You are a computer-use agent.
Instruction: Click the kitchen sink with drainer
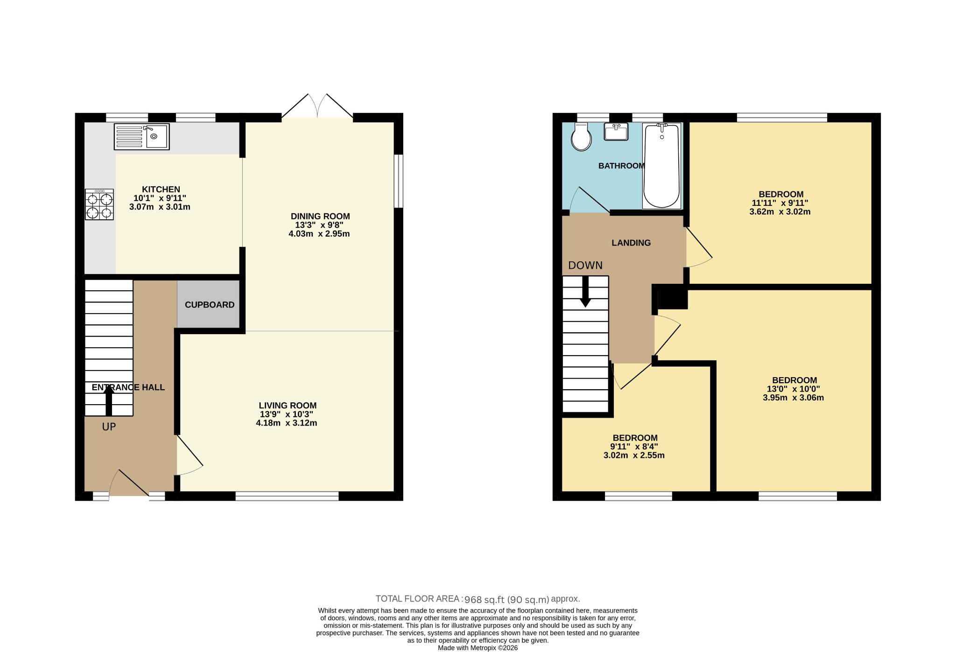[x=141, y=137]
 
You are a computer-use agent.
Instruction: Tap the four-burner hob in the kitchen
[x=99, y=204]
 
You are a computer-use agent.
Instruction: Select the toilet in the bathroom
[x=581, y=137]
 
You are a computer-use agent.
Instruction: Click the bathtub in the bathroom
[x=662, y=166]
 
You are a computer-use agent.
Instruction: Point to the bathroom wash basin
[x=616, y=132]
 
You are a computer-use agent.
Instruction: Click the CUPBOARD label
[x=210, y=305]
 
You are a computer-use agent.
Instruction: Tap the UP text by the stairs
[x=109, y=427]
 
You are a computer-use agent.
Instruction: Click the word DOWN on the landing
[x=585, y=266]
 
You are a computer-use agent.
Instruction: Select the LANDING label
[x=631, y=243]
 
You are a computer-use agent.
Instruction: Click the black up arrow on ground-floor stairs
[x=109, y=400]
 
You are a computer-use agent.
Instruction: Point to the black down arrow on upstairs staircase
[x=585, y=292]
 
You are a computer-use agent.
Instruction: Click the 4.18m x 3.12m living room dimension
[x=287, y=423]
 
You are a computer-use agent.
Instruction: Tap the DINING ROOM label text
[x=320, y=216]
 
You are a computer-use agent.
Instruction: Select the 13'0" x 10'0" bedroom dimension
[x=794, y=389]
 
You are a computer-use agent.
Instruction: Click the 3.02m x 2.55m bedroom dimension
[x=634, y=455]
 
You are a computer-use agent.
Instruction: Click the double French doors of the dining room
[x=317, y=106]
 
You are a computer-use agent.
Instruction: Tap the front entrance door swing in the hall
[x=129, y=484]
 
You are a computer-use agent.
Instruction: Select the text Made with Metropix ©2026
[x=478, y=648]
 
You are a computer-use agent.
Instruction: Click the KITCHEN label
[x=161, y=189]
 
